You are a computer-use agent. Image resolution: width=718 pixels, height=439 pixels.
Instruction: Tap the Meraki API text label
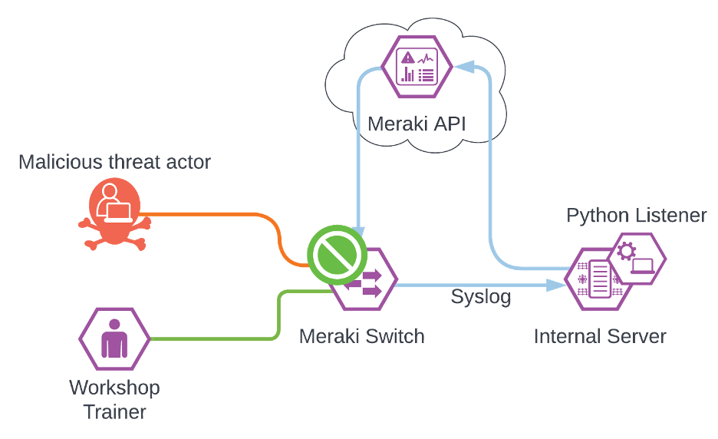pyautogui.click(x=417, y=124)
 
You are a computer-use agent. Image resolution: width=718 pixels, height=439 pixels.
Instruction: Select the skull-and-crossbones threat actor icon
pyautogui.click(x=114, y=210)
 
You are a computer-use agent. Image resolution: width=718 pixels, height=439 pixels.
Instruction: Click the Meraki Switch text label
pyautogui.click(x=361, y=335)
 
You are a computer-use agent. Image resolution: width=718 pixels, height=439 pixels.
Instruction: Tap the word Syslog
pyautogui.click(x=481, y=297)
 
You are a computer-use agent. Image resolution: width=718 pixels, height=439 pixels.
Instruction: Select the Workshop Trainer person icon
pyautogui.click(x=114, y=338)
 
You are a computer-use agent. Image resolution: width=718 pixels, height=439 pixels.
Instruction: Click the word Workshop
pyautogui.click(x=114, y=387)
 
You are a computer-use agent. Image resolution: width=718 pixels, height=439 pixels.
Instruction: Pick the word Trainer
pyautogui.click(x=114, y=411)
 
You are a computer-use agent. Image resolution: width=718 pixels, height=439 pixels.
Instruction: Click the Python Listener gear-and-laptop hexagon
pyautogui.click(x=636, y=258)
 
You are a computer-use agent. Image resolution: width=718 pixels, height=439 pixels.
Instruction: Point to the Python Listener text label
pyautogui.click(x=637, y=216)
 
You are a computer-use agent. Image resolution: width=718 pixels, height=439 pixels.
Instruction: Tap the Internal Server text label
pyautogui.click(x=600, y=335)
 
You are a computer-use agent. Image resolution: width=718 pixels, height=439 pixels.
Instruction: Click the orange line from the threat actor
pyautogui.click(x=215, y=215)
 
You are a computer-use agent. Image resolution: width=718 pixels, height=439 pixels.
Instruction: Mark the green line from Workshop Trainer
pyautogui.click(x=215, y=338)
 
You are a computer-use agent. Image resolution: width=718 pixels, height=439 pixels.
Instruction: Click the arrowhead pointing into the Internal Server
pyautogui.click(x=557, y=286)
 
